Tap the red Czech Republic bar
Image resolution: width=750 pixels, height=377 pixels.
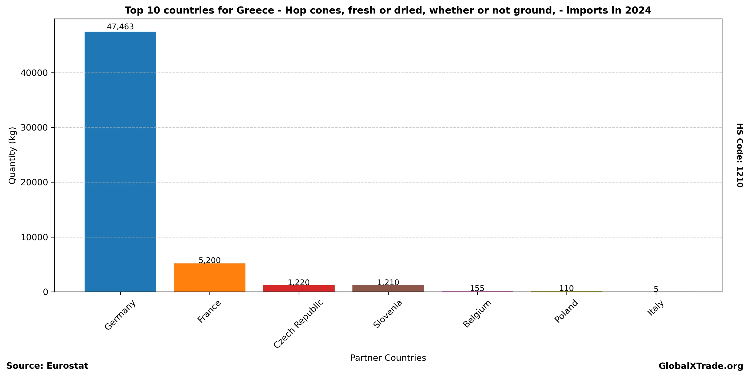tap(299, 288)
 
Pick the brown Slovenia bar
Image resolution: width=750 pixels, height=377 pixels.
tap(388, 288)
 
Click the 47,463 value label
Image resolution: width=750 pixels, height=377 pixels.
tap(120, 27)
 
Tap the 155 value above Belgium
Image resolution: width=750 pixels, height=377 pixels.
tap(477, 288)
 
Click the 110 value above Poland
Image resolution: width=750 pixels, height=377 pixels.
tap(566, 288)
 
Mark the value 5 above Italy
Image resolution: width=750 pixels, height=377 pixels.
tap(656, 289)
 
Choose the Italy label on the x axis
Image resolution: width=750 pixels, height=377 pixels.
tap(656, 308)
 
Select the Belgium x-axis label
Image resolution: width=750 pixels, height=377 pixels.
tap(477, 313)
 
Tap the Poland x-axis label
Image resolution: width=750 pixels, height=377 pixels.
tap(566, 311)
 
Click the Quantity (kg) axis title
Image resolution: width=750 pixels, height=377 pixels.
tap(12, 155)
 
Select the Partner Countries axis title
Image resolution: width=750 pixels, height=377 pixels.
tap(388, 358)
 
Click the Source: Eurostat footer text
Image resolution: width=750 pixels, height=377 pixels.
tap(47, 366)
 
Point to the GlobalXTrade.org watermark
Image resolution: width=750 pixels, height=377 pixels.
tap(701, 366)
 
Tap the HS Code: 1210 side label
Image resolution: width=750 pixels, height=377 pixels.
tap(740, 155)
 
